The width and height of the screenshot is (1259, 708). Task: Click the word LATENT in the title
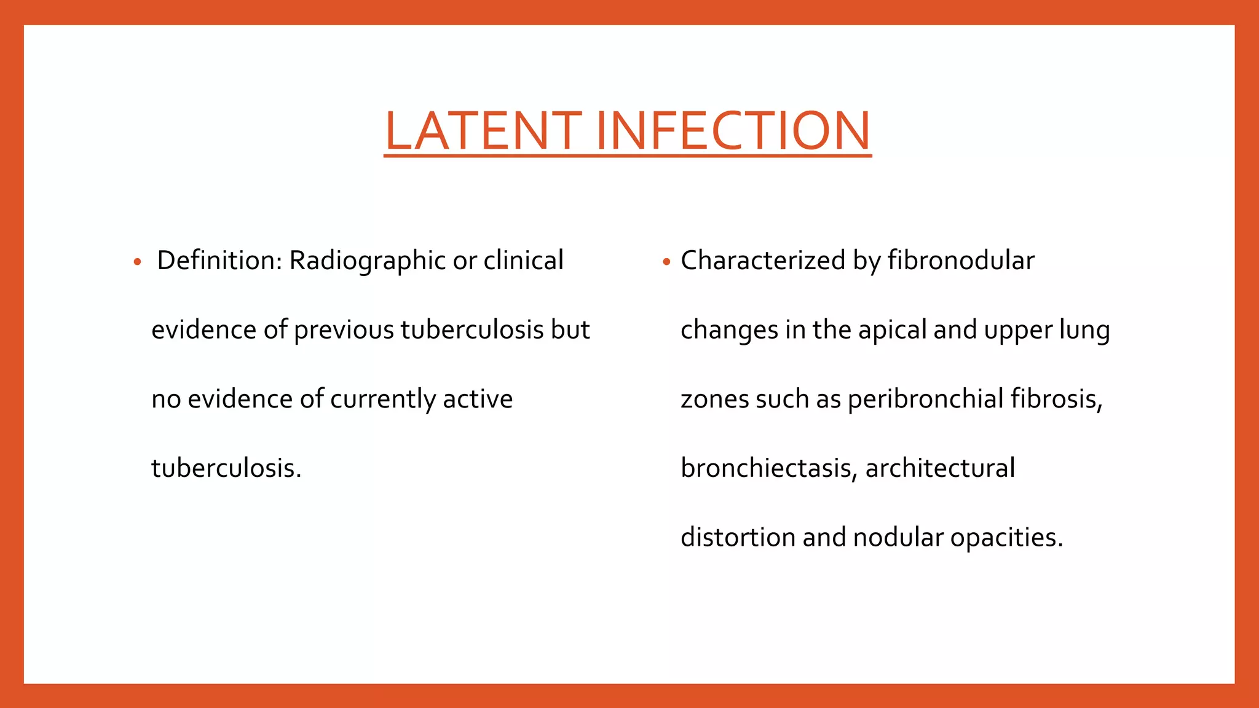483,131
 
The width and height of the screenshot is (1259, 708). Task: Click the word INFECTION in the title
733,131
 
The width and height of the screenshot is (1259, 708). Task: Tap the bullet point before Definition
138,262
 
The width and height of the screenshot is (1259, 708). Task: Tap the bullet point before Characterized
666,262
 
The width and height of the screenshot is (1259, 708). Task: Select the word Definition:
219,261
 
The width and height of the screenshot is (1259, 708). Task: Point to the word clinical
523,261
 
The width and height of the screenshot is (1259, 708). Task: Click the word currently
383,399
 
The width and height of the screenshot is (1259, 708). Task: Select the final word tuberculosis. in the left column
226,468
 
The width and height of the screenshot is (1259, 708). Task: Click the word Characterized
763,261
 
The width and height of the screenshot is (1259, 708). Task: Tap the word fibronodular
961,261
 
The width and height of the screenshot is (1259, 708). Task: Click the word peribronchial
926,399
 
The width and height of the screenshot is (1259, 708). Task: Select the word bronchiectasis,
769,468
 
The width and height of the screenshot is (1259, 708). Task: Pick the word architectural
940,468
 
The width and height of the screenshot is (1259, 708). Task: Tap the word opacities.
1006,538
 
